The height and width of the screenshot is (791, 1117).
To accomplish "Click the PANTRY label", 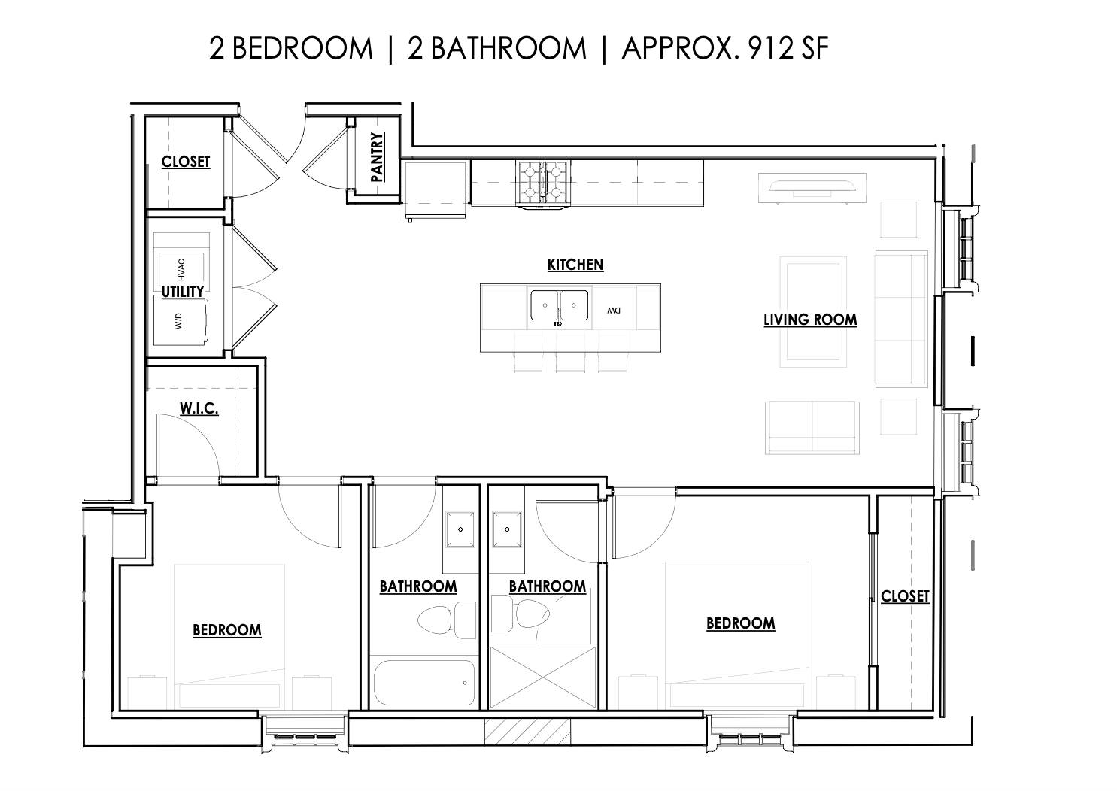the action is [378, 156].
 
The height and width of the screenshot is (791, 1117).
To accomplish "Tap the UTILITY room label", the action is [183, 292].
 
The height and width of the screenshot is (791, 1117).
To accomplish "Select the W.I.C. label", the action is [199, 408].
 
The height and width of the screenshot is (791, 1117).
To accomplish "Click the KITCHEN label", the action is [575, 265].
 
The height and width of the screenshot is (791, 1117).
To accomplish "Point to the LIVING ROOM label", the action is [810, 320].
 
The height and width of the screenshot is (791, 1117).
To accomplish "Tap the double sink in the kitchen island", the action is [559, 305].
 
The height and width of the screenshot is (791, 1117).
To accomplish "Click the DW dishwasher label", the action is [614, 311].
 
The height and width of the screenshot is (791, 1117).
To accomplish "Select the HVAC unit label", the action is [181, 270].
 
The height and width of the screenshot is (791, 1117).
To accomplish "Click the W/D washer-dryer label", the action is [178, 321].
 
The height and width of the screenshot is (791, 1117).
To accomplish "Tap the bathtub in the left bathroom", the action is [424, 682].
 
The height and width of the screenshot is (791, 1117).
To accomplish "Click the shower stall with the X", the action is [543, 677].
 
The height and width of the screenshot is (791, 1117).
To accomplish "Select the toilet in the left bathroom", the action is [447, 620].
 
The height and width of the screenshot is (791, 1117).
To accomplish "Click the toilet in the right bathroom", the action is [521, 614].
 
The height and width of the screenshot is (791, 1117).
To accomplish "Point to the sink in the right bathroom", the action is [507, 529].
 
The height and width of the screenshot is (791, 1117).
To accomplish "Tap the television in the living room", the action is [812, 188].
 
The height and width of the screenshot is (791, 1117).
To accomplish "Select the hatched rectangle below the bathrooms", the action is [527, 732].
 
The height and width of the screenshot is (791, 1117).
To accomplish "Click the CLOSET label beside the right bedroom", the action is [905, 596].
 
